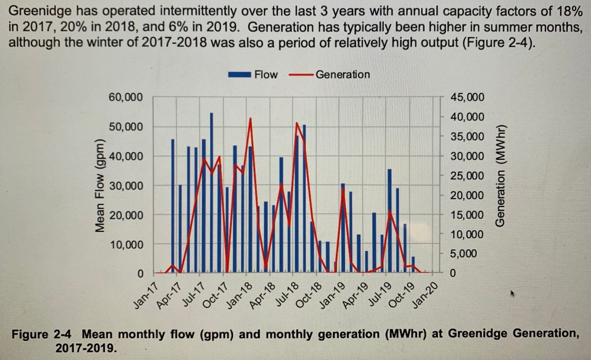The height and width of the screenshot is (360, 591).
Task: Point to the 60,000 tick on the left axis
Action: (125, 97)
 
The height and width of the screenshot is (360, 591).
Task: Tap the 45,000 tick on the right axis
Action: (467, 97)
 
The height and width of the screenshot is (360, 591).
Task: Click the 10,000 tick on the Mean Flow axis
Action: (125, 245)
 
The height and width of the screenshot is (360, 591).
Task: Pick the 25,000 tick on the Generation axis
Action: (467, 175)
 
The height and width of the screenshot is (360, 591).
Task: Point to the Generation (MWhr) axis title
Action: (500, 175)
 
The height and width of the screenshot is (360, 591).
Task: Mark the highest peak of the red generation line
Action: (250, 118)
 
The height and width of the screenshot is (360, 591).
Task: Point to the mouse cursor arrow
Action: (512, 294)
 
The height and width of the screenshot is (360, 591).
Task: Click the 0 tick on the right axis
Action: (453, 273)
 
